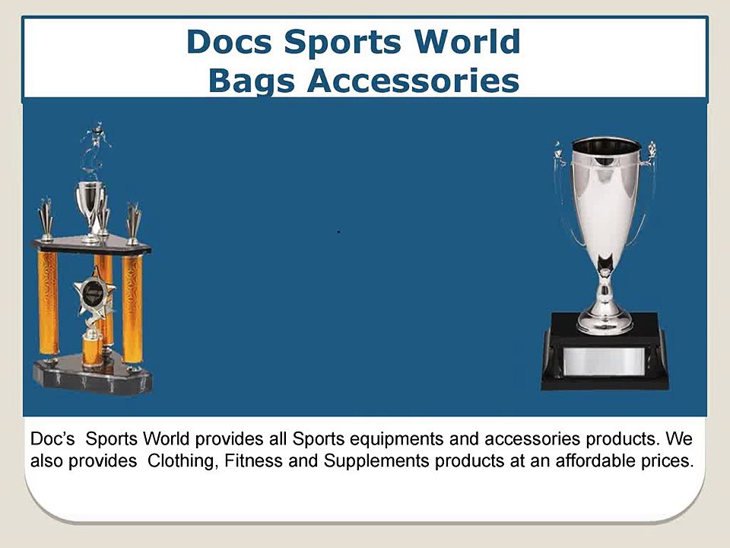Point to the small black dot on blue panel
(338, 231)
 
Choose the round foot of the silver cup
(605, 323)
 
